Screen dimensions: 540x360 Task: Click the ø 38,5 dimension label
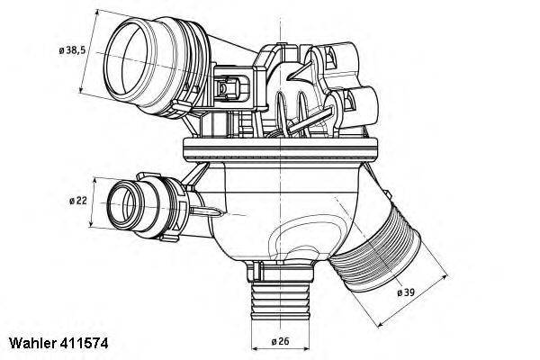pos(72,50)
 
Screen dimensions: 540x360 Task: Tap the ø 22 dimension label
pos(78,201)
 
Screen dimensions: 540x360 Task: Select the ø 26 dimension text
pos(280,341)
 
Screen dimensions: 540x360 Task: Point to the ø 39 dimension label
pos(406,292)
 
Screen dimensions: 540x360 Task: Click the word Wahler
pos(32,343)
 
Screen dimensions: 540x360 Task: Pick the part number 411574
pos(85,343)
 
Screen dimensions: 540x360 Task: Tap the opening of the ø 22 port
pos(122,203)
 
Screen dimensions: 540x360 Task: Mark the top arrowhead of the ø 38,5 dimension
pos(98,13)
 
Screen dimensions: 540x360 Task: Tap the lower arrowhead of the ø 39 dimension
pos(381,324)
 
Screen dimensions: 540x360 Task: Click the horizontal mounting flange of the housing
pos(280,148)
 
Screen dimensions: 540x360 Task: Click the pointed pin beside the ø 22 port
pos(207,211)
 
